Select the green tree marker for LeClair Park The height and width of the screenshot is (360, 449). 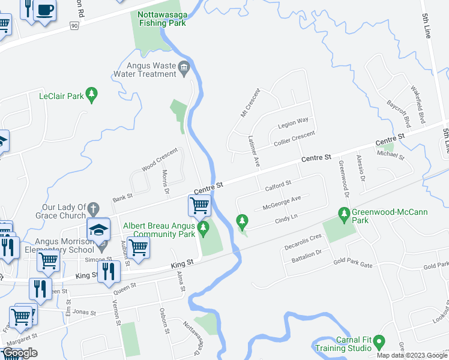tap(91, 95)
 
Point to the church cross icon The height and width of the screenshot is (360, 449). tap(92, 209)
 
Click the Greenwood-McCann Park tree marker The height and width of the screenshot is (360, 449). tap(344, 214)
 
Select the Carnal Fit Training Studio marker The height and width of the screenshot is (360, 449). tap(378, 343)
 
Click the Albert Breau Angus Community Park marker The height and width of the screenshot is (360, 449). tap(203, 229)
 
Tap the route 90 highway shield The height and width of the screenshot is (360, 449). tap(74, 26)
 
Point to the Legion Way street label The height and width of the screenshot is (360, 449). tap(293, 123)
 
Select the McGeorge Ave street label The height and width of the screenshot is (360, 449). tap(281, 203)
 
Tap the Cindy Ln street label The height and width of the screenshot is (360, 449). tap(286, 217)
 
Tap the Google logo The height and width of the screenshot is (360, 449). tap(20, 353)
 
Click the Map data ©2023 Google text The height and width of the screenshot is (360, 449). tap(412, 355)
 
